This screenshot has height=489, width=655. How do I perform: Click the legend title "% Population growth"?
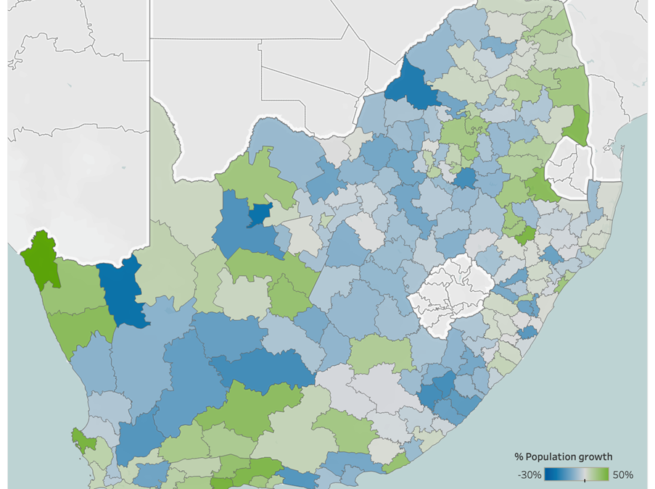[x=563, y=457]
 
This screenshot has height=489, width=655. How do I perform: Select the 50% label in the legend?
[x=622, y=475]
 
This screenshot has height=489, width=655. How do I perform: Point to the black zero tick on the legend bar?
[x=585, y=478]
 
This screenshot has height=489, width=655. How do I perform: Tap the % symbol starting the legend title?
[x=519, y=457]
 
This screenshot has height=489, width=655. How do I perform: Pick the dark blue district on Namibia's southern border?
[x=123, y=290]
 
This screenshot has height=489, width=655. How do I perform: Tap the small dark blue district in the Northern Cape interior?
[x=259, y=215]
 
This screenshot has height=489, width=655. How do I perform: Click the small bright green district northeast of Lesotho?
[x=525, y=233]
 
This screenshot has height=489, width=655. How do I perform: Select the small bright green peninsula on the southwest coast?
[x=83, y=439]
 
